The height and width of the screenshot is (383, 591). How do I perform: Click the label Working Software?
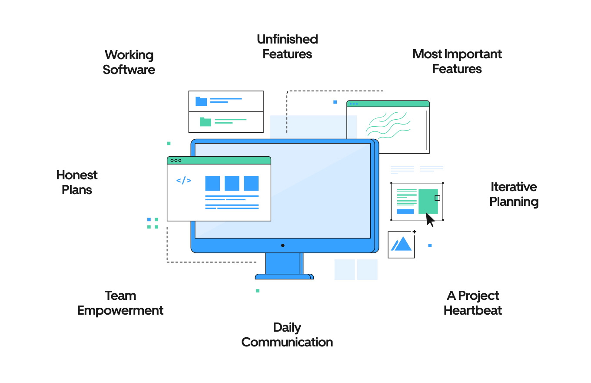[x=129, y=62]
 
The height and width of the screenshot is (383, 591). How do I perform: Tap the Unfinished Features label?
[x=287, y=47]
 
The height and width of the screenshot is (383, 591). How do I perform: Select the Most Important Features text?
[x=457, y=61]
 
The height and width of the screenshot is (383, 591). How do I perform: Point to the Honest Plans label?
[x=77, y=182]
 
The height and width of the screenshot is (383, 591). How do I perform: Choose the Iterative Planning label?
[x=514, y=194]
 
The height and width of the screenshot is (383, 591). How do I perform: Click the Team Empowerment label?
[x=120, y=303]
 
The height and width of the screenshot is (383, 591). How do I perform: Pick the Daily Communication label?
[x=287, y=335]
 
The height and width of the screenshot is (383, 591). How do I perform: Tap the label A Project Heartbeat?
[x=473, y=303]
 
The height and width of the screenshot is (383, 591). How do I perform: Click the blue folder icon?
[x=201, y=101]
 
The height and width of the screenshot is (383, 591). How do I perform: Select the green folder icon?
[x=206, y=122]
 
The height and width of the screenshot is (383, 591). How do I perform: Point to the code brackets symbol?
[x=183, y=181]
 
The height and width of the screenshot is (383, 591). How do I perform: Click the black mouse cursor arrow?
[x=430, y=219]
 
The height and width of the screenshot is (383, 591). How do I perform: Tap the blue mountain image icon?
[x=402, y=244]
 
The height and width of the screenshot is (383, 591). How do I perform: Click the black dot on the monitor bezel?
[x=282, y=245]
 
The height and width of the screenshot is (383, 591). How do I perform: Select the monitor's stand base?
[x=284, y=276]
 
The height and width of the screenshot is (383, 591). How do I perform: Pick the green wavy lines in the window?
[x=388, y=125]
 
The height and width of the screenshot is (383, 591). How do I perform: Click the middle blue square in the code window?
[x=232, y=183]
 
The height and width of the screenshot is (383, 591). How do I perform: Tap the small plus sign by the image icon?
[x=414, y=232]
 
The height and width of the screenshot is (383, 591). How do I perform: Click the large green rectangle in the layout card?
[x=428, y=201]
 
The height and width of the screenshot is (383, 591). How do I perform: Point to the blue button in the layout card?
[x=405, y=212]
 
